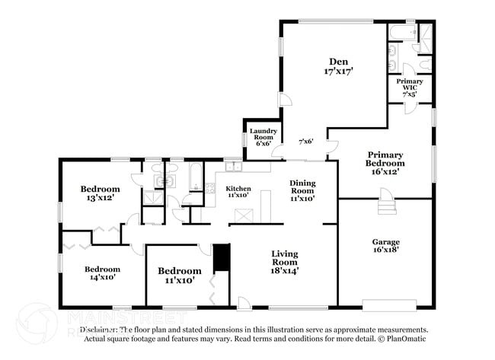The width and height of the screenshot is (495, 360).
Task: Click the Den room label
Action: point(338,62)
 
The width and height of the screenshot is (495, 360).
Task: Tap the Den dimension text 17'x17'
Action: point(338,72)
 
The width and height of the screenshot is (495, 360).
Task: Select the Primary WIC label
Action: point(410,84)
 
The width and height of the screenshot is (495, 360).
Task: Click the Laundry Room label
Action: point(263,135)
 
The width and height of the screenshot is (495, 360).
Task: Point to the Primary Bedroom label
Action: point(385,158)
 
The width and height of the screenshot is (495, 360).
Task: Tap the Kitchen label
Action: point(238,188)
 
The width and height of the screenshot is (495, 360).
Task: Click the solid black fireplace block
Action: point(222,257)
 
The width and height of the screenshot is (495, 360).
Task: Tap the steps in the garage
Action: point(388,205)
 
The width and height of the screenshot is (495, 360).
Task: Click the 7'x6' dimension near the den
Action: point(305,142)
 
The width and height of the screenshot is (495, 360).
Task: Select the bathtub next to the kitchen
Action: point(195,177)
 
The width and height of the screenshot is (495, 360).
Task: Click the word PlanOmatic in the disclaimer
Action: point(404,338)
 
